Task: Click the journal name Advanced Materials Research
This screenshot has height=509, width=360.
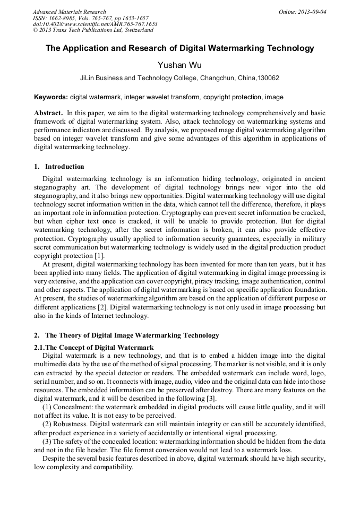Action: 69,12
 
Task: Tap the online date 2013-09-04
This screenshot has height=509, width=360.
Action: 312,12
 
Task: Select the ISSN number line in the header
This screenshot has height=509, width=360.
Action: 90,18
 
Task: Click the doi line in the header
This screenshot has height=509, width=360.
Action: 95,24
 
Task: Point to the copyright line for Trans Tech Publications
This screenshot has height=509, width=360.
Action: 93,30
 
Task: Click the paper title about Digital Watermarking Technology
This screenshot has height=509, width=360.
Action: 179,48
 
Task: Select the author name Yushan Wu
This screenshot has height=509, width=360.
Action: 179,65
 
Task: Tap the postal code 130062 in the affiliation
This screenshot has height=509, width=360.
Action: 268,78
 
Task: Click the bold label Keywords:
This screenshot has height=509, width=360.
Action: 51,97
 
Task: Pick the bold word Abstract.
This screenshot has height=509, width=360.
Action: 48,114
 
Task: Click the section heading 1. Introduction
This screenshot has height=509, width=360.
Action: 59,167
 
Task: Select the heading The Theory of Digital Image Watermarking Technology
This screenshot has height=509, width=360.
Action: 132,335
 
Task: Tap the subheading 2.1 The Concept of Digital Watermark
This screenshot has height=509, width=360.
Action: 94,347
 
